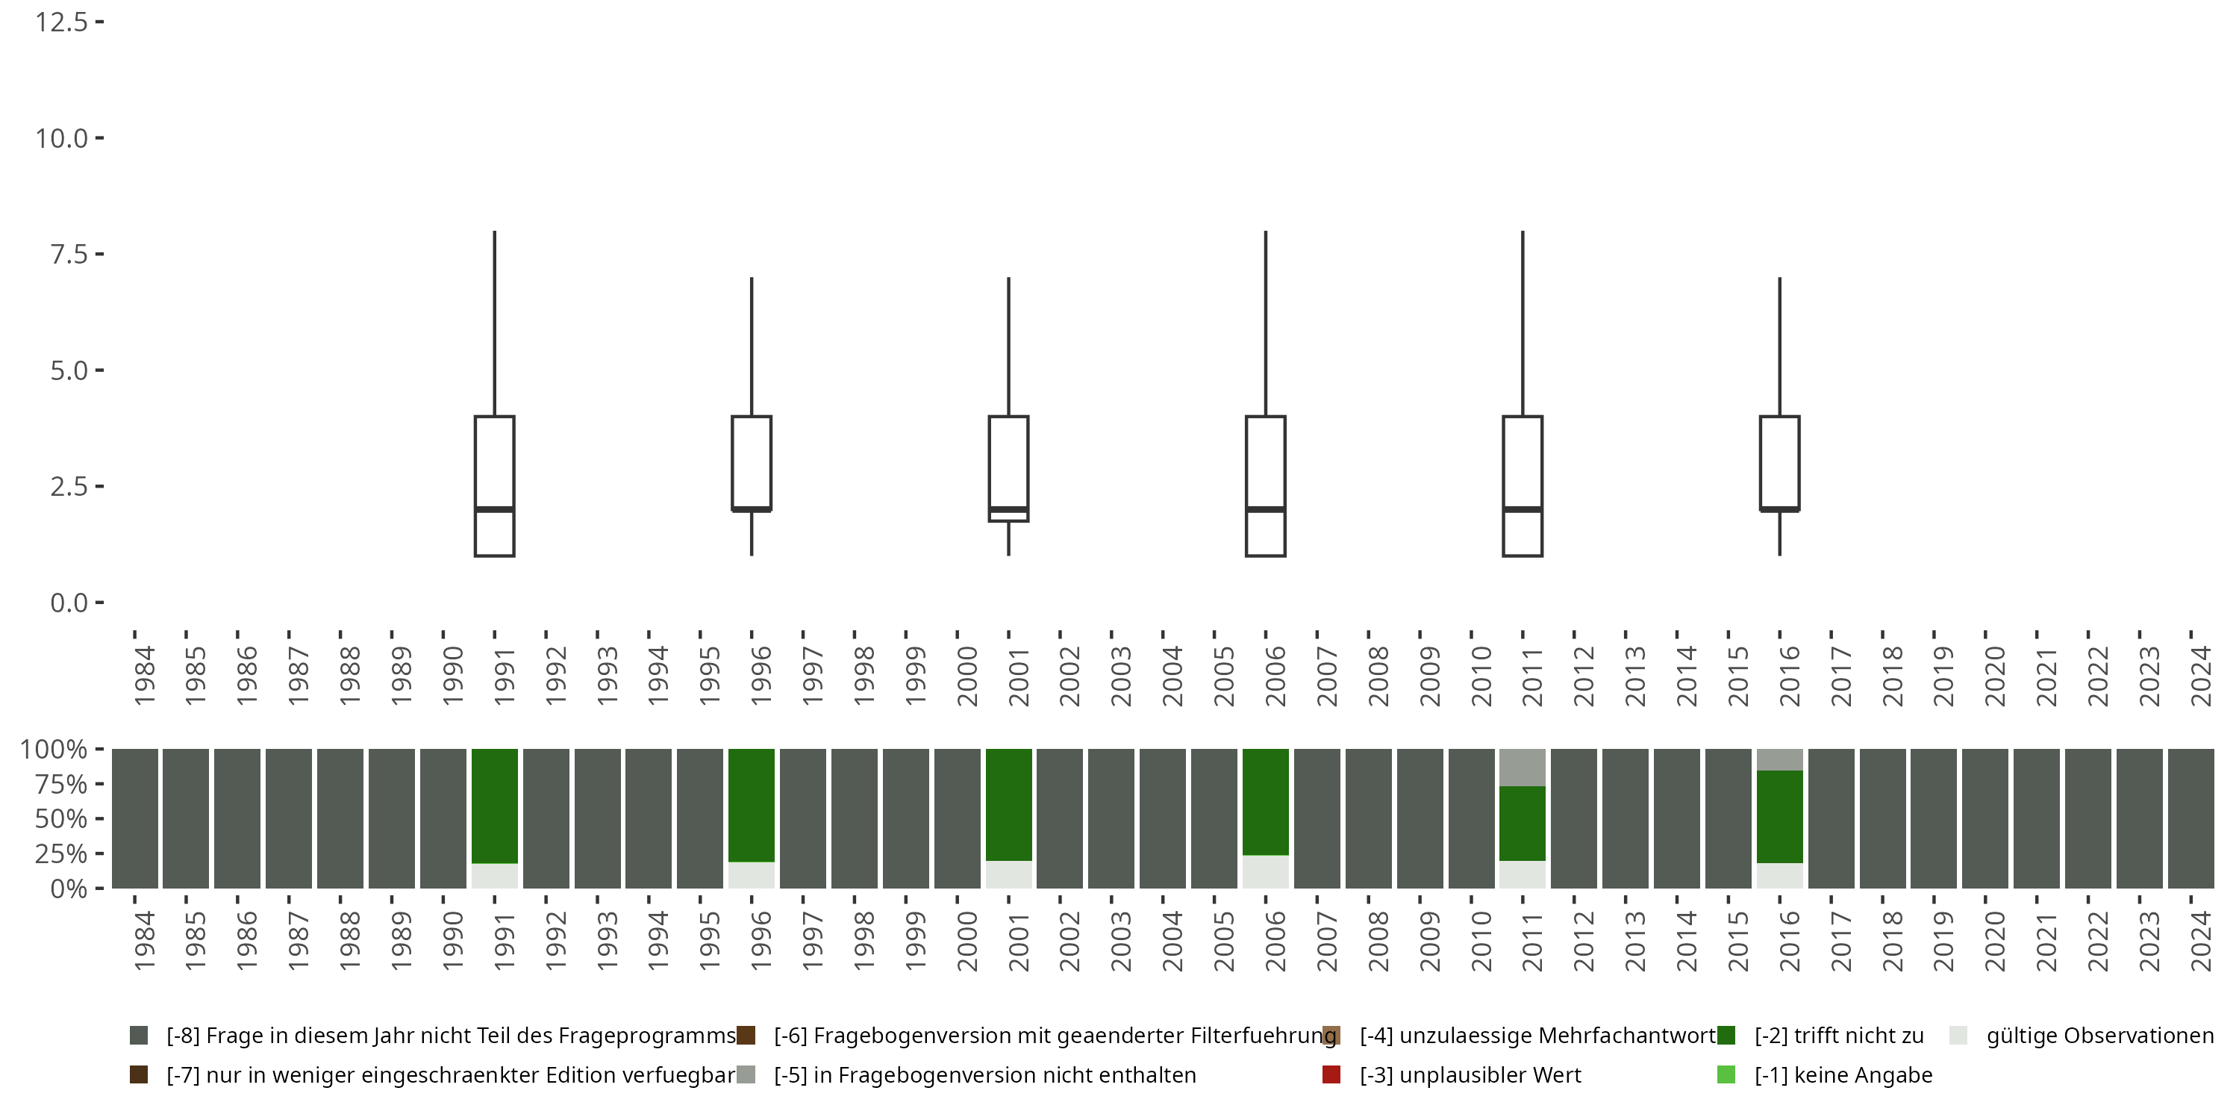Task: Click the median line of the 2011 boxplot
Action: [1523, 508]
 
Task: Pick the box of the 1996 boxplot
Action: [752, 461]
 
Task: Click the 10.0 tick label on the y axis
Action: [61, 138]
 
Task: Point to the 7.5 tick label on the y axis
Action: [68, 254]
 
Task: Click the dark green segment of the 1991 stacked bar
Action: [495, 805]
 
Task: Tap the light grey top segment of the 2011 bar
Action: [1523, 767]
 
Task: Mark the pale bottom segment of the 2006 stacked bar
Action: [1266, 871]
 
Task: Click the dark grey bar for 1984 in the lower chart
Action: [135, 818]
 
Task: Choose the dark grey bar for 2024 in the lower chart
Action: [2190, 818]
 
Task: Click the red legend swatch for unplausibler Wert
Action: [1331, 1074]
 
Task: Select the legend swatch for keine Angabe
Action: [1726, 1074]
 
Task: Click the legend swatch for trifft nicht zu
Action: [1726, 1036]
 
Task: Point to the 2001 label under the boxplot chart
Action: [1017, 676]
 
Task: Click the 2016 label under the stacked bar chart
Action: [1788, 942]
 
